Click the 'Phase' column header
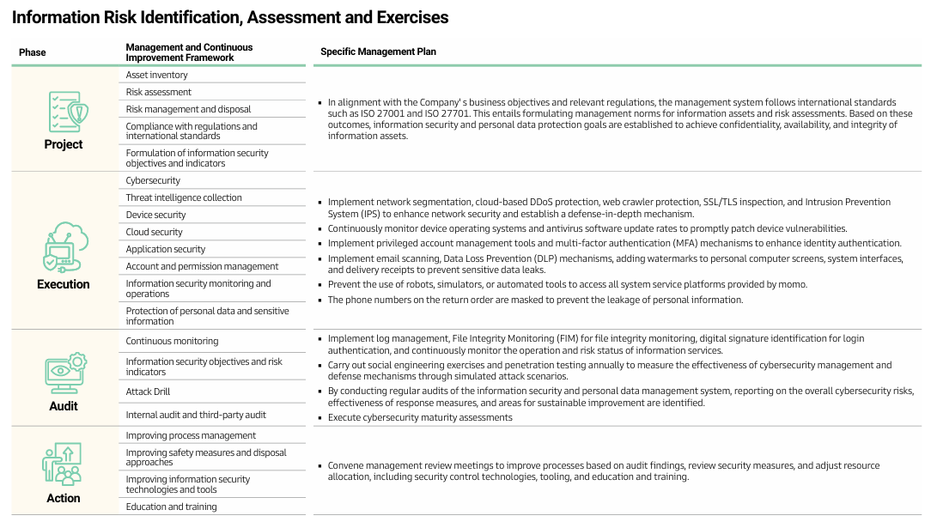coord(33,52)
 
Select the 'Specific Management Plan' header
coord(378,52)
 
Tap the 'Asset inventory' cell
coord(156,75)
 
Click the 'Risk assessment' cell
coord(159,92)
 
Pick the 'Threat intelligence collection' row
coord(184,197)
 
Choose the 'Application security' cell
coord(166,249)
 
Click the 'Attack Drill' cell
coord(149,391)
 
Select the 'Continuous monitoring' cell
coord(172,341)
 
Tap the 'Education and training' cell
coord(171,507)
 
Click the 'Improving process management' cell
coord(191,435)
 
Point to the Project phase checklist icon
coord(68,112)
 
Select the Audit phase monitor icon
coord(65,373)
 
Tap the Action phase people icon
coord(62,464)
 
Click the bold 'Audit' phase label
coord(64,406)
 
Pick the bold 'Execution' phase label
coord(64,284)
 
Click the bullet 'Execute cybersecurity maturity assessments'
coord(420,417)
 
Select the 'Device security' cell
coord(155,215)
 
